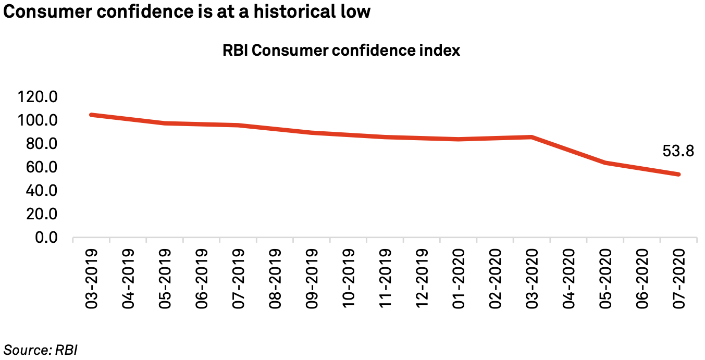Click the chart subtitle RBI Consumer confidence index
coord(341,51)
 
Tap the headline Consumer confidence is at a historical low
coord(187,11)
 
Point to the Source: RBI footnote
coord(41,350)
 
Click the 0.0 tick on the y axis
coord(46,238)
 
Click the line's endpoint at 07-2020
coord(678,175)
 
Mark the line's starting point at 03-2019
coord(92,115)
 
